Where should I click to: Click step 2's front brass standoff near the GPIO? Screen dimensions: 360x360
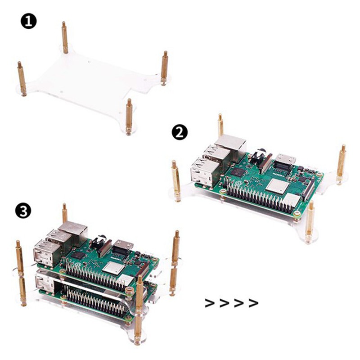(310, 219)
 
